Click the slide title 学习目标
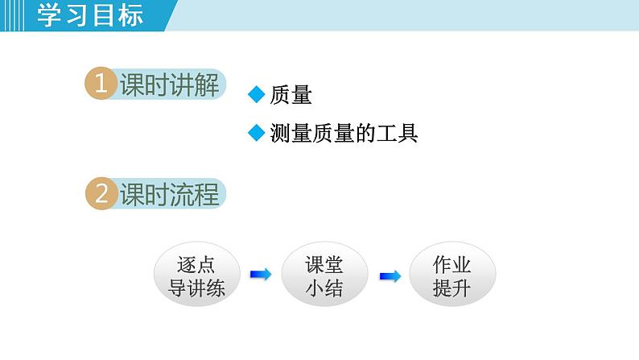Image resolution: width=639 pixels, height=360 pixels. [x=90, y=15]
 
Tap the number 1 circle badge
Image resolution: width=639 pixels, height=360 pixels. [x=101, y=85]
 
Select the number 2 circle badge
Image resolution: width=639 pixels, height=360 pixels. [x=101, y=194]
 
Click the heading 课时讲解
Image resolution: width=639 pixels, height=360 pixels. [x=169, y=85]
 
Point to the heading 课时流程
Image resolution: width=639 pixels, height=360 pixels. [x=169, y=195]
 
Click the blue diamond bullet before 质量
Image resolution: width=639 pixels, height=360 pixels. [x=256, y=95]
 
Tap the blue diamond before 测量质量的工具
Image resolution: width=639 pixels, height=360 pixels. [x=256, y=132]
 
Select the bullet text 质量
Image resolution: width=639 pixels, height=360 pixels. [x=291, y=96]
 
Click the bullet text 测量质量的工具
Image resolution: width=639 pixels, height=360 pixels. [x=344, y=133]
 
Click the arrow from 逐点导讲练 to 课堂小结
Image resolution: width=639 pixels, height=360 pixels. [x=261, y=275]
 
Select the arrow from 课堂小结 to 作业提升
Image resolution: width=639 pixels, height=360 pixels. [x=390, y=275]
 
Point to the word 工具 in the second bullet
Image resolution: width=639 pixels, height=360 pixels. [x=400, y=133]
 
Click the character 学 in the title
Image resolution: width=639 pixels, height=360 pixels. [x=50, y=15]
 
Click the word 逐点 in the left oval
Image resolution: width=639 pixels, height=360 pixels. [x=197, y=264]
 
